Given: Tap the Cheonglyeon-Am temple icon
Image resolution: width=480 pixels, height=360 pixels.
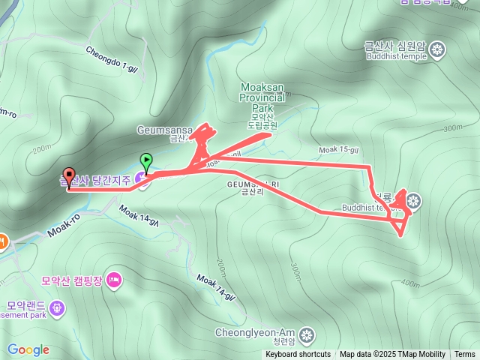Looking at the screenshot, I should coord(307,333).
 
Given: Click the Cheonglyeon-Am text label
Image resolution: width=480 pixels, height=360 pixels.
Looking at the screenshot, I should coord(255,333).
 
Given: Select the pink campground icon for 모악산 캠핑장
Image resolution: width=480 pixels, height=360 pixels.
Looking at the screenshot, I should coord(114,280).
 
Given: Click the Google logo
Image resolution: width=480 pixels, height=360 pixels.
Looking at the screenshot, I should coord(28,349).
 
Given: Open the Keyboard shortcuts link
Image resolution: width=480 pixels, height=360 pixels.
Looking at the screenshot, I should coord(298,355).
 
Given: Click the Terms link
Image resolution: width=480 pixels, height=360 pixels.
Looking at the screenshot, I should coord(464,355).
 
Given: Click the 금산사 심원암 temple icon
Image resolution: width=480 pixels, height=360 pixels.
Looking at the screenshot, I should coord(439,51).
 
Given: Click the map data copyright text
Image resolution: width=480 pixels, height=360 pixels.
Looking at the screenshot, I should coord(392,355).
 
